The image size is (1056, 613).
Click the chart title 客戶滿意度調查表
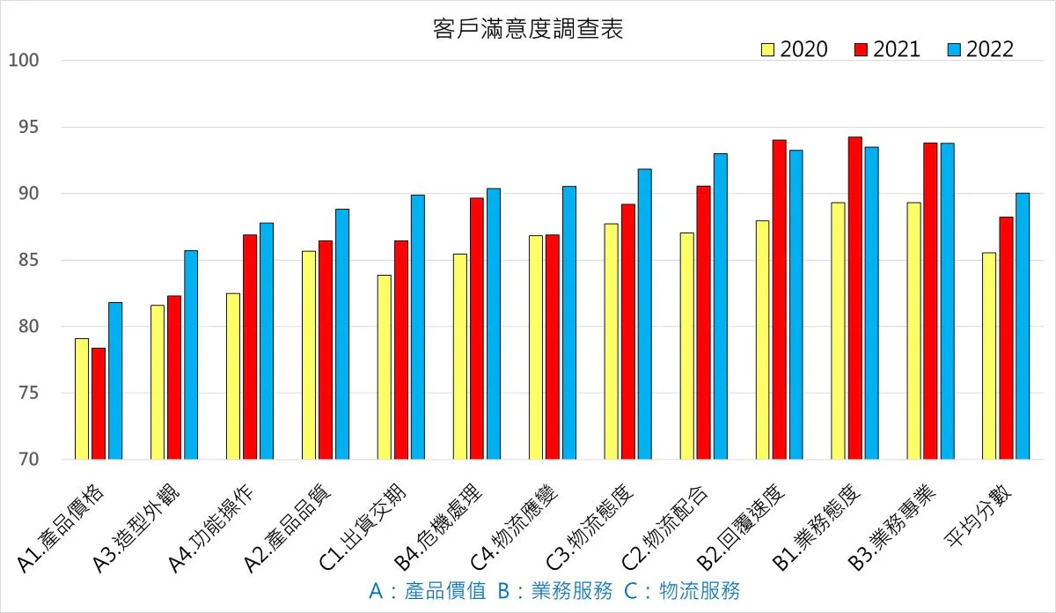click(528, 29)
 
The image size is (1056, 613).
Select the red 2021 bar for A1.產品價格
click(99, 403)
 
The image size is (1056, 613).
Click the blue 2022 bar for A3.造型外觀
click(191, 355)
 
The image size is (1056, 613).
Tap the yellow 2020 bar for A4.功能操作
click(233, 376)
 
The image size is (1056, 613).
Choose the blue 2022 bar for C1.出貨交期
click(418, 327)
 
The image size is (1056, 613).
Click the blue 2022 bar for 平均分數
click(1023, 326)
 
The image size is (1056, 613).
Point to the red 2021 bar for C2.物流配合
click(703, 322)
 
